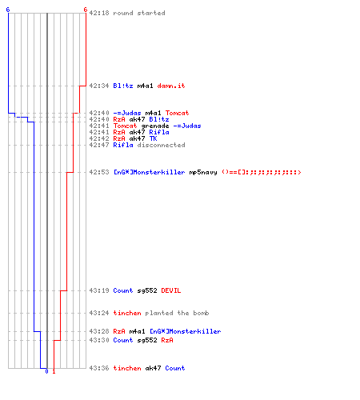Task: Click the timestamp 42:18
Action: pyautogui.click(x=99, y=13)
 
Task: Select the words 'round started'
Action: pyautogui.click(x=139, y=13)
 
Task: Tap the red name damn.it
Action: pyautogui.click(x=171, y=86)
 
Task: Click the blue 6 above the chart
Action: pyautogui.click(x=8, y=10)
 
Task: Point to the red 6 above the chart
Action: pyautogui.click(x=86, y=10)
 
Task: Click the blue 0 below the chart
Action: pyautogui.click(x=46, y=371)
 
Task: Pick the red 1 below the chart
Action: pyautogui.click(x=54, y=371)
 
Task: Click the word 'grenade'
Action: pyautogui.click(x=155, y=126)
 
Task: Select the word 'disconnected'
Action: pyautogui.click(x=161, y=145)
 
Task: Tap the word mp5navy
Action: pyautogui.click(x=203, y=172)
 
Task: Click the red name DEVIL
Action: pyautogui.click(x=171, y=290)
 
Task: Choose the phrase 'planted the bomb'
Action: pyautogui.click(x=177, y=313)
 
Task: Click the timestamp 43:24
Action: pyautogui.click(x=99, y=313)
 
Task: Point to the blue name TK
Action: pyautogui.click(x=153, y=138)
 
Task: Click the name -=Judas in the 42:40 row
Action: pyautogui.click(x=127, y=113)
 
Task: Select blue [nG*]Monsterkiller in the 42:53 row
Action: pyautogui.click(x=149, y=172)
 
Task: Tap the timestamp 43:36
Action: pyautogui.click(x=99, y=368)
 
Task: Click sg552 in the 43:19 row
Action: pyautogui.click(x=147, y=290)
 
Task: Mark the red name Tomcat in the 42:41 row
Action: pyautogui.click(x=125, y=126)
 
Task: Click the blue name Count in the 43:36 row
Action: pyautogui.click(x=175, y=368)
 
